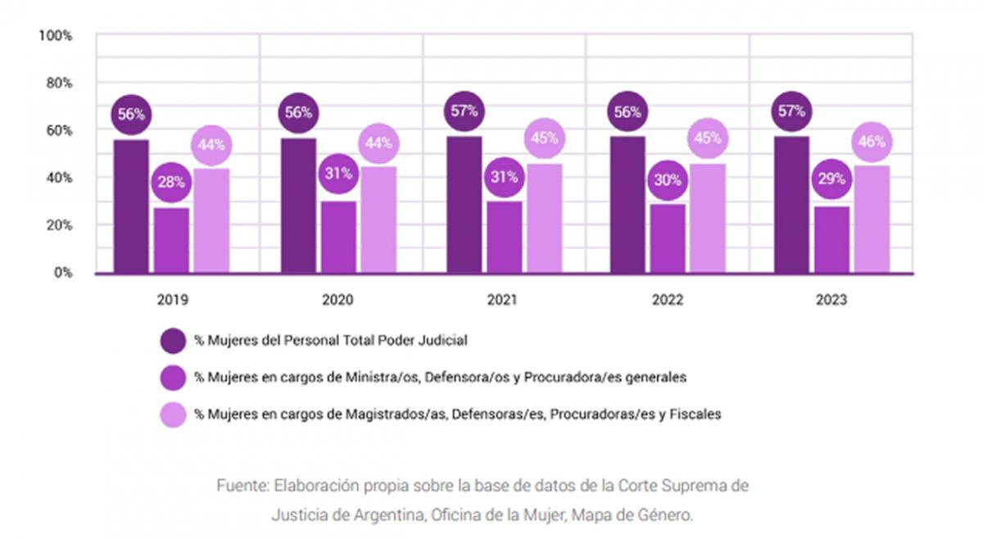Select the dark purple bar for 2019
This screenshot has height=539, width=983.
coord(131,209)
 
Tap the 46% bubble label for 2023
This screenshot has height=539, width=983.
coord(872,142)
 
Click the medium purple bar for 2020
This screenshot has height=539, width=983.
coord(337,238)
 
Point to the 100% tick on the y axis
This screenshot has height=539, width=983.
coord(56,36)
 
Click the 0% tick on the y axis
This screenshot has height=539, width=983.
coord(62,272)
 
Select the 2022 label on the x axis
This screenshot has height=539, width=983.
coord(667,301)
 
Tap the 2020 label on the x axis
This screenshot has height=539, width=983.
coord(337,301)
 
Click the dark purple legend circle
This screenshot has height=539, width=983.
coord(174,340)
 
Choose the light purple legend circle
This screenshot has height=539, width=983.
coord(174,414)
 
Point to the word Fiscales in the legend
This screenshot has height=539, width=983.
coord(695,414)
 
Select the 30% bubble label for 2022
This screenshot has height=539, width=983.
coord(667,180)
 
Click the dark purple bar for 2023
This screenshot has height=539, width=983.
coord(791,205)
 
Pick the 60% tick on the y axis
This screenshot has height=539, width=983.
coord(59,130)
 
